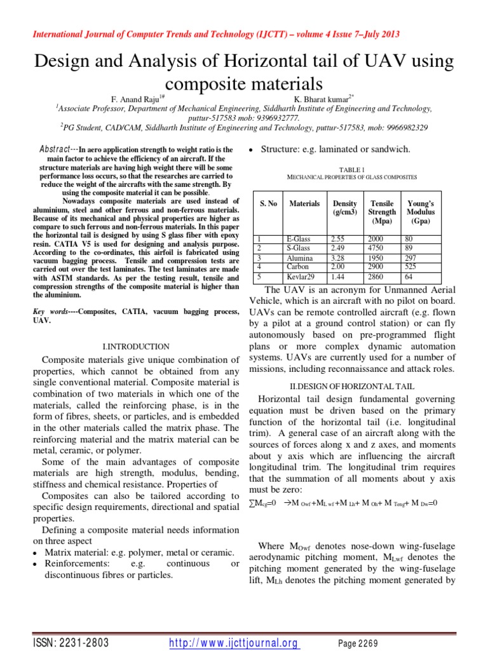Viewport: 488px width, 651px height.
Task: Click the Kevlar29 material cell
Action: tap(302, 277)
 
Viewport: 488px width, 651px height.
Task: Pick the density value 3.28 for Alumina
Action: tap(341, 258)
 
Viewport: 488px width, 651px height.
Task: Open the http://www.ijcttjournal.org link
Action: tap(234, 643)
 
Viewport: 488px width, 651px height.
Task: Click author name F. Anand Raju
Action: tap(137, 99)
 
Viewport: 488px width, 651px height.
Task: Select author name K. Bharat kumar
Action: tap(322, 99)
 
